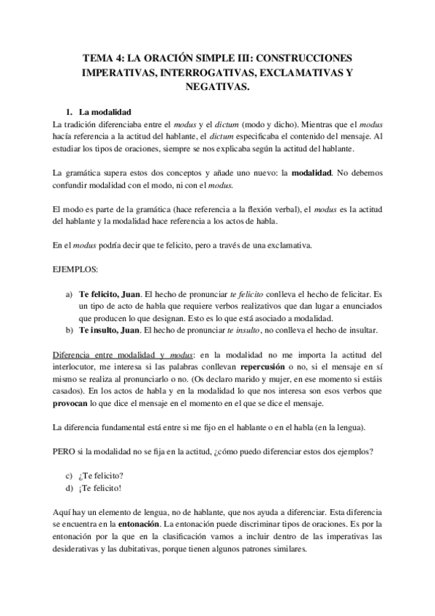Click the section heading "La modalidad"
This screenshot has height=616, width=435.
point(105,113)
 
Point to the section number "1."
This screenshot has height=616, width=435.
point(70,113)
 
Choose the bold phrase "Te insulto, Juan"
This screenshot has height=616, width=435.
point(109,331)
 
